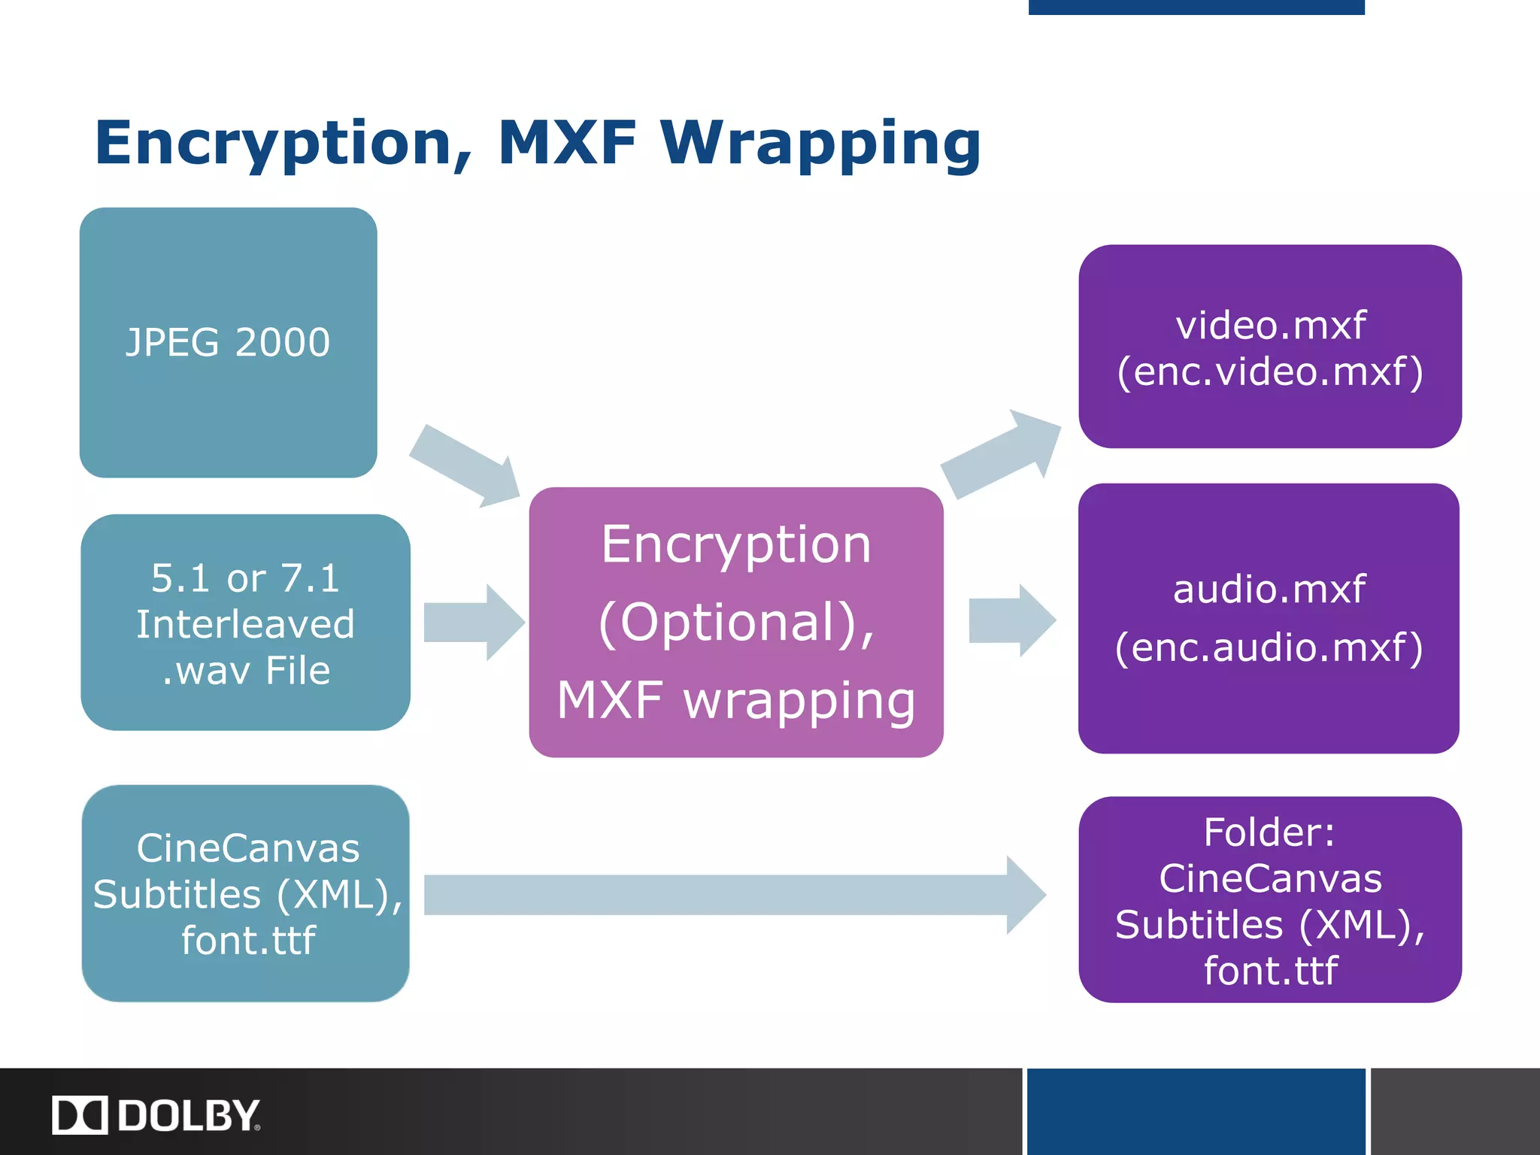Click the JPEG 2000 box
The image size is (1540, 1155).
tap(228, 343)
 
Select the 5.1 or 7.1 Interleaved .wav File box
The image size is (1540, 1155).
tap(245, 623)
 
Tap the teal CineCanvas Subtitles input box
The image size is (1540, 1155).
tap(246, 893)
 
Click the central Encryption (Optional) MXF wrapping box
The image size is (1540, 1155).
tap(735, 623)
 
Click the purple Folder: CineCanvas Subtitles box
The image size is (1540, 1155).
tap(1270, 899)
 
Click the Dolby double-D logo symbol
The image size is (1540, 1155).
tap(80, 1115)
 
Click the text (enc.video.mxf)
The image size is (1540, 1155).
tap(1270, 371)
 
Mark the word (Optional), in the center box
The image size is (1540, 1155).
tap(737, 623)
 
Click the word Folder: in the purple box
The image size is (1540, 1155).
tap(1269, 832)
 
